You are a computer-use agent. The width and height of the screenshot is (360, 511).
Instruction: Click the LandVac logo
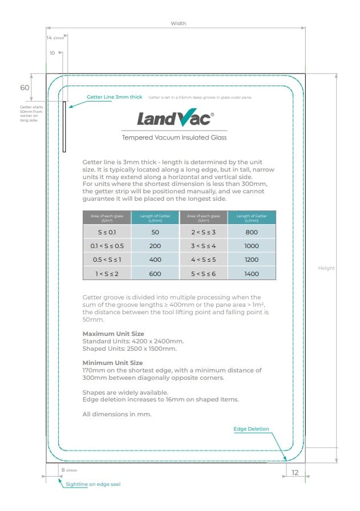point(175,119)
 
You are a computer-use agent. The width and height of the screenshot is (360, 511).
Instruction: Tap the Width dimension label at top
point(178,23)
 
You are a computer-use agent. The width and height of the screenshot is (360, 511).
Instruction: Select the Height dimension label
point(326,268)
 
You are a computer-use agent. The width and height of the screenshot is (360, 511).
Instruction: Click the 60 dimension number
point(25,88)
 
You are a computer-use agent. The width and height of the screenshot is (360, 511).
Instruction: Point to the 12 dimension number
point(295,473)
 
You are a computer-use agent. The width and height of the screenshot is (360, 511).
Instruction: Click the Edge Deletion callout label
point(251,429)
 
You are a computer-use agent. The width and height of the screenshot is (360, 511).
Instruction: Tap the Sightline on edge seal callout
point(93,484)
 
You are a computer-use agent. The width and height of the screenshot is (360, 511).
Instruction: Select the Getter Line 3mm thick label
point(114,97)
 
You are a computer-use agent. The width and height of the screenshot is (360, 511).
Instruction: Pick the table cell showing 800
point(252,232)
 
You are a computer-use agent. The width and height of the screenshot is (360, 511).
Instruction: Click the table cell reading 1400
point(252,274)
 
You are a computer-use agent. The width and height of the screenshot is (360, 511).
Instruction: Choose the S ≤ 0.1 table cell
point(107,232)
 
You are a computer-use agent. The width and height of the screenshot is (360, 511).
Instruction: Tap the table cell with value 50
point(155,232)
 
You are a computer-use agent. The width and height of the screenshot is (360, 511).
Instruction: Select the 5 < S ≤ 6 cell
point(204,274)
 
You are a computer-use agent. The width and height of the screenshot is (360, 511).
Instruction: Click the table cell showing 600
point(155,274)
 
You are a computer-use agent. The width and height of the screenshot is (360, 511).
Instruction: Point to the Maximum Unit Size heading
point(113,334)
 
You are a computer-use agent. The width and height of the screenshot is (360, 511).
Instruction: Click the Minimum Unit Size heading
point(112,363)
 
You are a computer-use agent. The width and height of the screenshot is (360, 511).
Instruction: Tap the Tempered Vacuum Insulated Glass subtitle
point(175,137)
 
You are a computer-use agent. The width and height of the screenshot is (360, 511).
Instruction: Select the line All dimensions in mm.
point(117,414)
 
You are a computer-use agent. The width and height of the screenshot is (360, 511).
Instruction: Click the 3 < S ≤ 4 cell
point(204,246)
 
